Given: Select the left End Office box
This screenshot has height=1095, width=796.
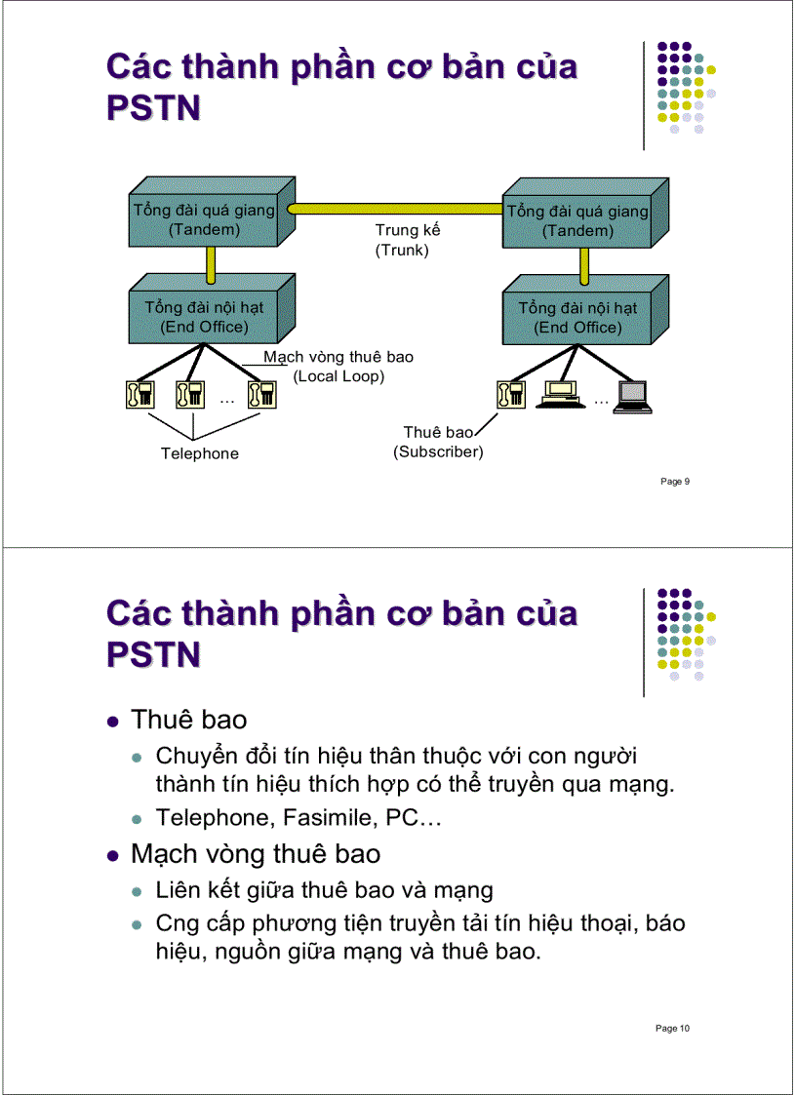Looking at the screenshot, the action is [x=205, y=317].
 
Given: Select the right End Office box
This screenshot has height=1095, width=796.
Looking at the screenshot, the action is [x=577, y=317].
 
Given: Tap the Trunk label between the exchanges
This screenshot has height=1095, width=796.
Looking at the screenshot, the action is [x=407, y=240].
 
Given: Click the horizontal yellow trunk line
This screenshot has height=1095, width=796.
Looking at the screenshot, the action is [x=395, y=209].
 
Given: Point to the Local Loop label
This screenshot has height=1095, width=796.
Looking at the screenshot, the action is [x=338, y=367].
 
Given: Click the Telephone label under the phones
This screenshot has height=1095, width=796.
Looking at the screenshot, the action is [x=199, y=453].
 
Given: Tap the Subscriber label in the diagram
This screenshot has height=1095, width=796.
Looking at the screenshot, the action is [x=438, y=442].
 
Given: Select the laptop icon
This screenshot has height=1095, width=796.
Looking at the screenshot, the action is [x=631, y=396].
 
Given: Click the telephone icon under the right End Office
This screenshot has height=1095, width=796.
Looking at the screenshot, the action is [x=510, y=394].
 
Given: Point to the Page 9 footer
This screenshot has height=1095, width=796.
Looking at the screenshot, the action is [x=675, y=481].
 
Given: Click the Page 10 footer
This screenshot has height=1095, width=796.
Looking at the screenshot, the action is [x=673, y=1028].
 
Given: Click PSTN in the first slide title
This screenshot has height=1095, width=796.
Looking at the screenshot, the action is [x=153, y=106].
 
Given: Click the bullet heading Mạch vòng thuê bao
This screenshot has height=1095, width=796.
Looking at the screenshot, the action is [x=256, y=854].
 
